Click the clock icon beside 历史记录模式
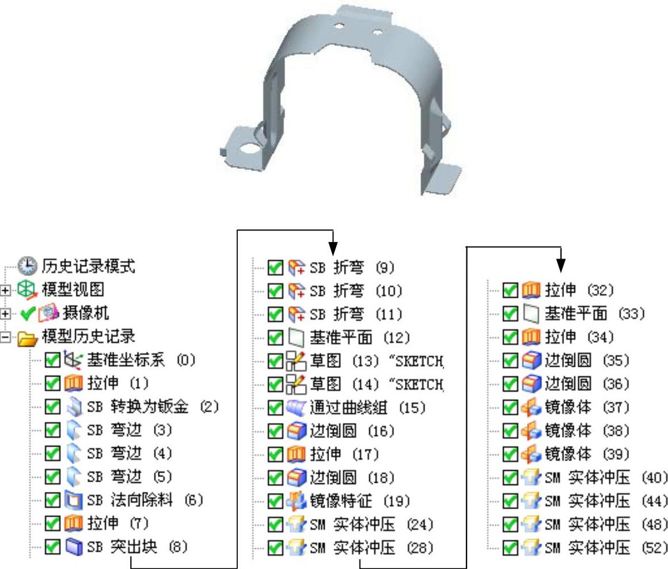(26, 266)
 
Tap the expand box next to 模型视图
(6, 291)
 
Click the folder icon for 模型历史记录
(26, 337)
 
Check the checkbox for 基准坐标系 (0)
(53, 360)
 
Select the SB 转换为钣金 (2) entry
(153, 407)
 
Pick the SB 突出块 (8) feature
(137, 547)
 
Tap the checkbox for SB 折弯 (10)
(276, 291)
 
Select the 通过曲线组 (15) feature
(368, 407)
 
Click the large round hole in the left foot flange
(249, 148)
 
